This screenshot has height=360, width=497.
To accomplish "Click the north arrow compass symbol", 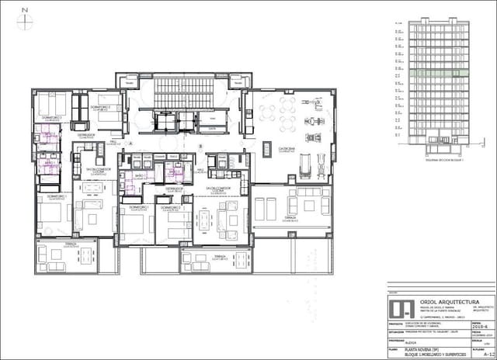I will [x=25, y=20].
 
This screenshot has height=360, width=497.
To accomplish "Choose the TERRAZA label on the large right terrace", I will [x=289, y=219].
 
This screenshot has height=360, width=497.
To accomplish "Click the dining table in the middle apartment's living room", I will [x=203, y=220].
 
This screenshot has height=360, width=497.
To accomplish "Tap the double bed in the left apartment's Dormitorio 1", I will [x=55, y=215].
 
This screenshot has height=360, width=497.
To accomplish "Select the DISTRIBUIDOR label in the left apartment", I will [x=86, y=136].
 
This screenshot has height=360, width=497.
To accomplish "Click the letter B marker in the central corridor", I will [x=200, y=147].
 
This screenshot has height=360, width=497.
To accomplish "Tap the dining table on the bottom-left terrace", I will [x=56, y=254].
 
